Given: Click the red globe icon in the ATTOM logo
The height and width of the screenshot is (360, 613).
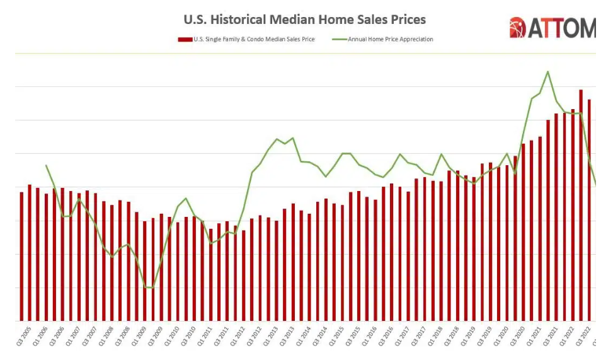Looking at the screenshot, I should tap(517, 28).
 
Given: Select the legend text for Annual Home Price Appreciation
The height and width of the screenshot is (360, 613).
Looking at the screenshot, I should tap(391, 39).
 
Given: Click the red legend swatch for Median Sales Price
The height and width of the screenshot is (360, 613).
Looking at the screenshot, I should tap(185, 39).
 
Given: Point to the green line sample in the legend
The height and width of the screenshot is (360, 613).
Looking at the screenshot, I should tap(339, 39).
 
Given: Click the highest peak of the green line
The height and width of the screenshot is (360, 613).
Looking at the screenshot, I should tap(548, 72).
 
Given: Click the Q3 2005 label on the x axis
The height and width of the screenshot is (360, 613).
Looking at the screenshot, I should tap(21, 338).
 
